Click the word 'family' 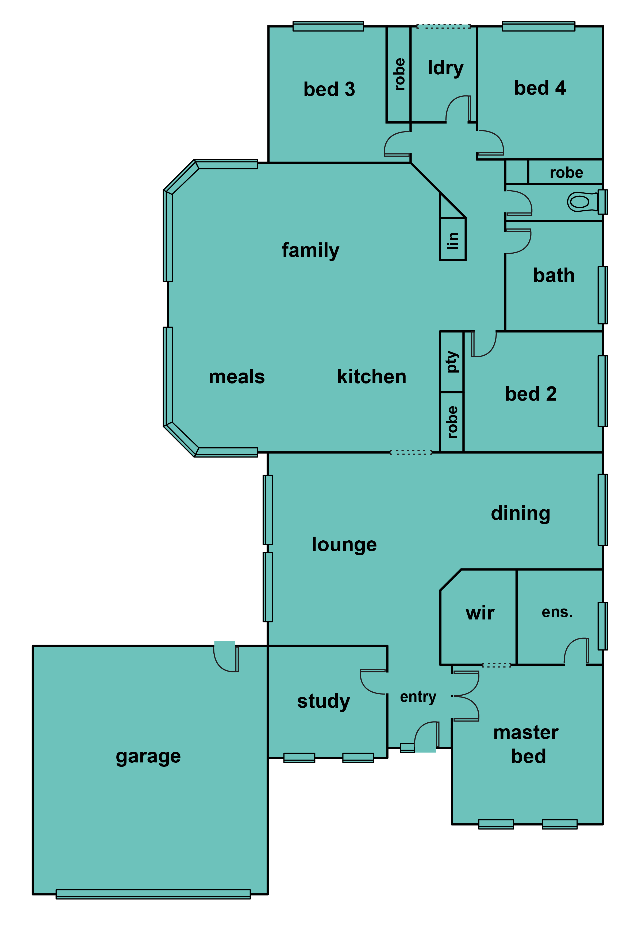click(x=311, y=250)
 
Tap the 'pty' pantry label click(x=452, y=362)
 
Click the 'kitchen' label click(x=371, y=377)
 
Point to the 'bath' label click(x=554, y=276)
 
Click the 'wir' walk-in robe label click(x=480, y=614)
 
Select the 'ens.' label click(x=557, y=613)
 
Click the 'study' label click(x=323, y=702)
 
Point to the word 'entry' click(x=418, y=697)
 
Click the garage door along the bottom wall click(x=153, y=894)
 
